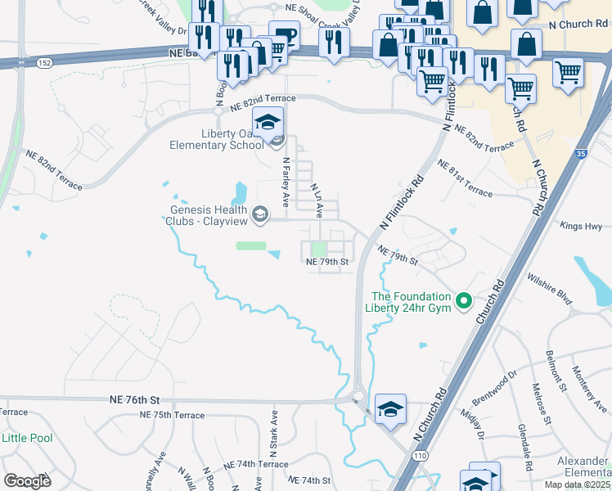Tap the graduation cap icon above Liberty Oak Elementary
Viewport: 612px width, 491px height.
[267, 123]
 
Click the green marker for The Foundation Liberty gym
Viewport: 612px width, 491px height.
[464, 302]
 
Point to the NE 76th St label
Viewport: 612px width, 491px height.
[133, 399]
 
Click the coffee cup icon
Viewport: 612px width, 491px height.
[284, 36]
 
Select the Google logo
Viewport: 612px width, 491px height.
[27, 480]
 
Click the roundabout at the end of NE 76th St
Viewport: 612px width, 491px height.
[358, 397]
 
